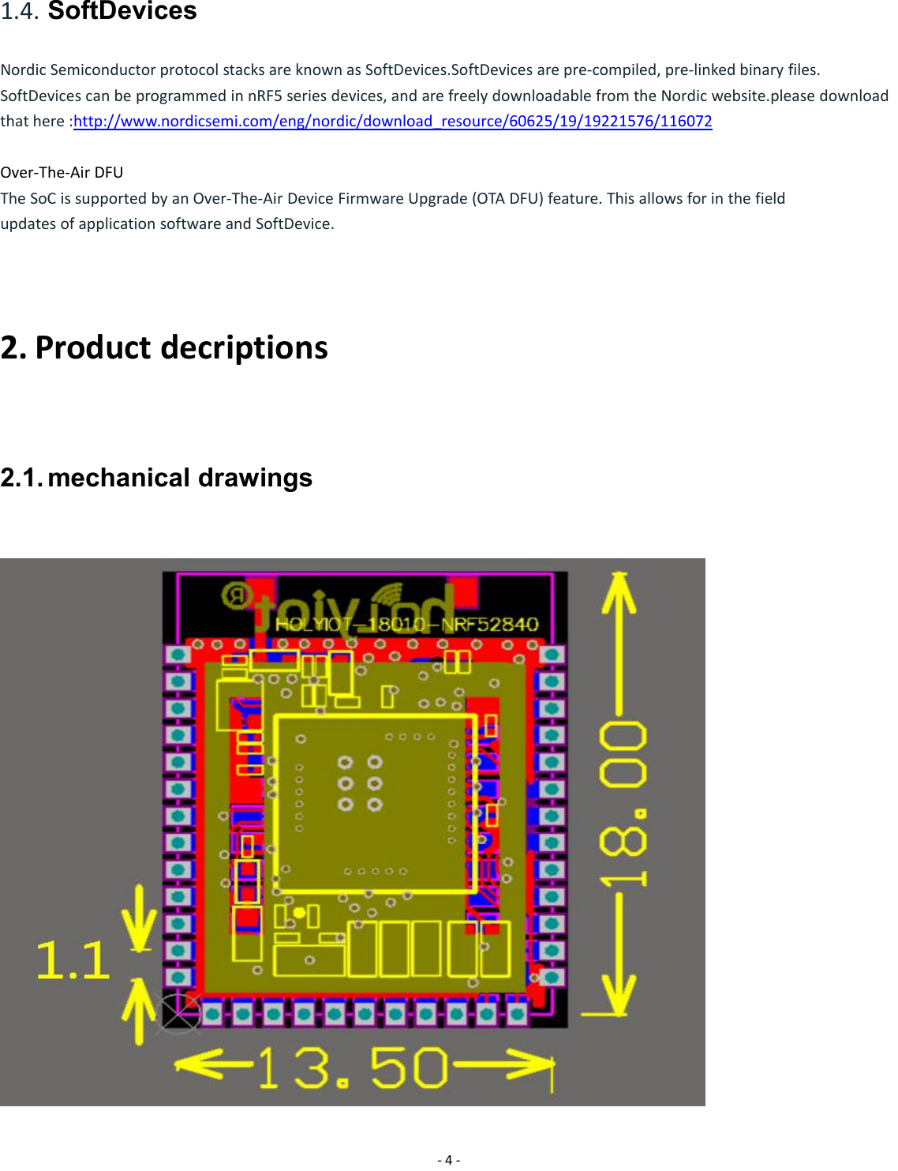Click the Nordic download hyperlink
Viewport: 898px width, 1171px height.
(392, 121)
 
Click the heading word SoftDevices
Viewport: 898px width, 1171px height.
(122, 11)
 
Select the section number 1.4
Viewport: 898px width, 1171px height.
(20, 12)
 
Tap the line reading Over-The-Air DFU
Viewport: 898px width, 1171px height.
(62, 172)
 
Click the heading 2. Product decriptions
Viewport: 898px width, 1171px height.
(164, 347)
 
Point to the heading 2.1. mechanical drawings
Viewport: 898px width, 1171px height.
(156, 478)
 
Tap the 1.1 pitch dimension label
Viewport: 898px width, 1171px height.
(73, 960)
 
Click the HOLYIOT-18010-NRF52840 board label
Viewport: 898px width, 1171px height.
(406, 625)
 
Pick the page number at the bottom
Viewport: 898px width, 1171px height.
(448, 1159)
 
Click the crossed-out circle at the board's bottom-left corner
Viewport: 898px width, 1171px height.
(179, 1013)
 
